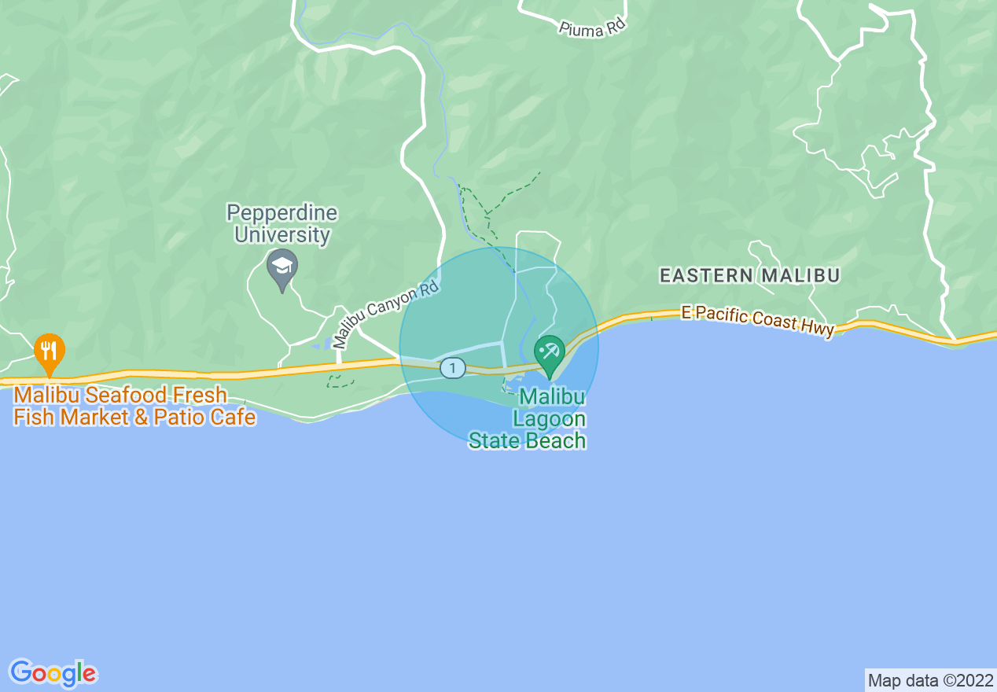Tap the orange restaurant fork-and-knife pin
pyautogui.click(x=50, y=352)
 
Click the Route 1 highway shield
pyautogui.click(x=453, y=367)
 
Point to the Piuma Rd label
pyautogui.click(x=592, y=28)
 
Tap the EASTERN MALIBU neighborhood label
pyautogui.click(x=749, y=275)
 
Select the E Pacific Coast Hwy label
pyautogui.click(x=757, y=321)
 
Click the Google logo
pyautogui.click(x=53, y=673)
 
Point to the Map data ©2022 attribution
pyautogui.click(x=929, y=680)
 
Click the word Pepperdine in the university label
pyautogui.click(x=281, y=213)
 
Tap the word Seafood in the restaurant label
pyautogui.click(x=152, y=395)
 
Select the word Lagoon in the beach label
pyautogui.click(x=550, y=419)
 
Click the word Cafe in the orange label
pyautogui.click(x=231, y=417)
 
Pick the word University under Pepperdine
pyautogui.click(x=281, y=234)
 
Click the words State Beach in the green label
pyautogui.click(x=528, y=440)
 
